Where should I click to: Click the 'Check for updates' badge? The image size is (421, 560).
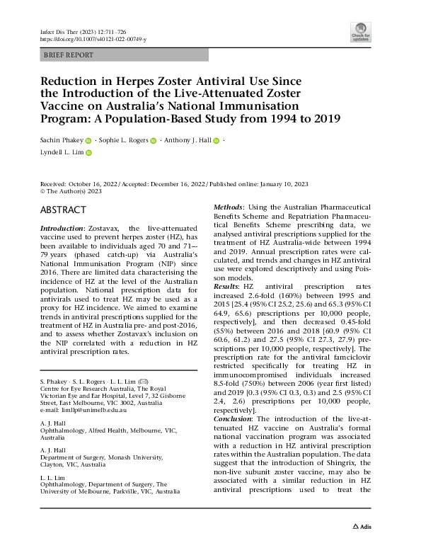360,31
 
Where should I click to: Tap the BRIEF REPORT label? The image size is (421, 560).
68,54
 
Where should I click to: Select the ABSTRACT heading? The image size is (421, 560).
64,210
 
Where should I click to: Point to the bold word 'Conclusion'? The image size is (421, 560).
236,418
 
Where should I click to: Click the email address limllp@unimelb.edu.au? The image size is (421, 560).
79,409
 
